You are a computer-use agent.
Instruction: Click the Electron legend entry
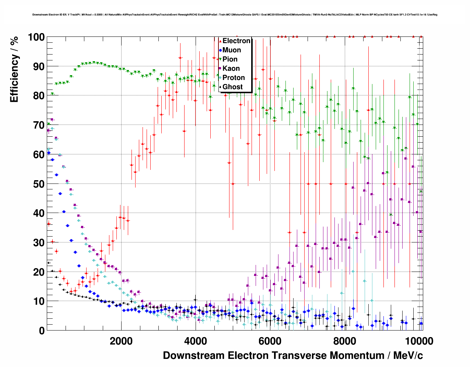(x=236, y=41)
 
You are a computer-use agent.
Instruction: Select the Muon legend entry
(x=232, y=50)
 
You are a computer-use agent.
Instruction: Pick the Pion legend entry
(x=230, y=59)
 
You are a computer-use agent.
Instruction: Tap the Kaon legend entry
(x=231, y=69)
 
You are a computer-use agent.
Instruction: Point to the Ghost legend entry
(x=232, y=87)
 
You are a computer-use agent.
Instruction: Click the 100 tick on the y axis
(x=36, y=37)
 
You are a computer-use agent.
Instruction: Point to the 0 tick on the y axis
(x=41, y=331)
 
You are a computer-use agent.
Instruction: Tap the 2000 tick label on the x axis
(x=121, y=341)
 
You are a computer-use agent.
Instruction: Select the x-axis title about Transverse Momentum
(x=293, y=356)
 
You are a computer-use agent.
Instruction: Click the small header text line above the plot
(x=235, y=15)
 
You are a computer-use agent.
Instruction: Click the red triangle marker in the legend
(x=220, y=41)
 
